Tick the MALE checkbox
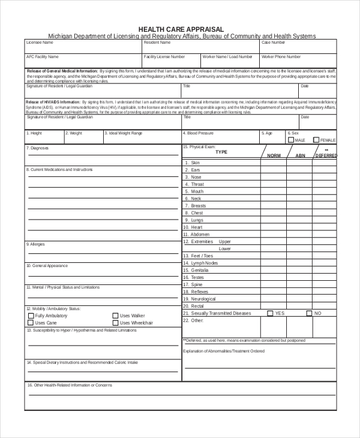pyautogui.click(x=291, y=140)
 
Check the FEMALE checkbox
pyautogui.click(x=316, y=140)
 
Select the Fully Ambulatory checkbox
pyautogui.click(x=31, y=316)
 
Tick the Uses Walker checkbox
pyautogui.click(x=115, y=316)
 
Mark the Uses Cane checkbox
pyautogui.click(x=31, y=323)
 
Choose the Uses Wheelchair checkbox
pyautogui.click(x=115, y=323)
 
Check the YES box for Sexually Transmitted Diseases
pyautogui.click(x=270, y=313)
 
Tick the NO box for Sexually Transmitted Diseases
pyautogui.click(x=309, y=313)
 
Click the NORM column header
pyautogui.click(x=274, y=155)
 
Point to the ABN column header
pyautogui.click(x=300, y=155)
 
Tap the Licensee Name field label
pyautogui.click(x=40, y=43)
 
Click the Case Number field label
pyautogui.click(x=274, y=43)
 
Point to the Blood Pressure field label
pyautogui.click(x=199, y=133)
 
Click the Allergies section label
pyautogui.click(x=35, y=244)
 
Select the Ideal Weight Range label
pyautogui.click(x=124, y=133)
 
